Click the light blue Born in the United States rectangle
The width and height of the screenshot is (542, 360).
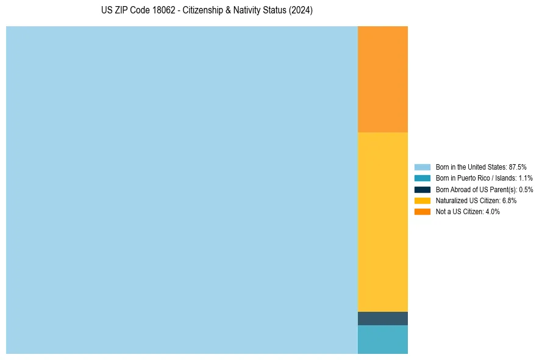click(182, 190)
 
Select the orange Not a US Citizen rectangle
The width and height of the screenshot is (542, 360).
click(382, 79)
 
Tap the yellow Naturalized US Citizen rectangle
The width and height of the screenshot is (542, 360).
click(382, 222)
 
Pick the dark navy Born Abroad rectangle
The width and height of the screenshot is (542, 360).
click(382, 319)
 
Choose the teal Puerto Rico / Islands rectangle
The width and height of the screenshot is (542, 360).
click(382, 339)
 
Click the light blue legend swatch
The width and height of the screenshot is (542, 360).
click(422, 167)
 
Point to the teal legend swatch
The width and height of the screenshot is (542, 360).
click(422, 178)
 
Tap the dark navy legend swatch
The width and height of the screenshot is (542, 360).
click(422, 189)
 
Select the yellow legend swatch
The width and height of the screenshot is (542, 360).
click(422, 200)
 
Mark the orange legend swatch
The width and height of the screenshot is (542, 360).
click(422, 212)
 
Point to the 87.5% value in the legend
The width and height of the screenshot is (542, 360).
click(517, 167)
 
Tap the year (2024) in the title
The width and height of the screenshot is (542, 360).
click(301, 11)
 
